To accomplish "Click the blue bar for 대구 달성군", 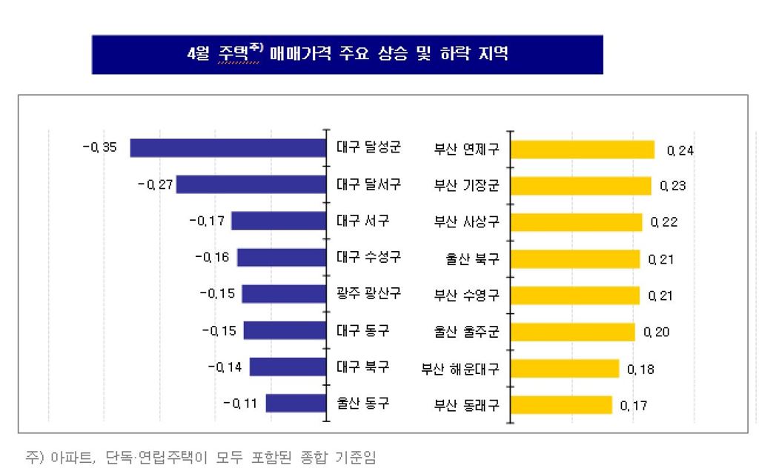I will tap(228, 148).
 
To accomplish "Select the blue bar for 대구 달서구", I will tap(251, 184).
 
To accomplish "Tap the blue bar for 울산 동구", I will tap(296, 404).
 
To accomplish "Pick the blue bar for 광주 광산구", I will tap(284, 294).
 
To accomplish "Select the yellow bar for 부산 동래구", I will tap(562, 405).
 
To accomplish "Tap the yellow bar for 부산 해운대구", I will tap(566, 368).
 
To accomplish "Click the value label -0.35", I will tap(100, 147).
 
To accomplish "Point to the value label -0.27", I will tap(155, 184).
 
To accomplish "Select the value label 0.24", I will tap(680, 150).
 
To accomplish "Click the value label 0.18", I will tap(640, 369).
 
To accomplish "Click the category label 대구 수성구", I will tap(368, 257).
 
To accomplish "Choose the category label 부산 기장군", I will tap(467, 185).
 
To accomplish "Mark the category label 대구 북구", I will tap(362, 367).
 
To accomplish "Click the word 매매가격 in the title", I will tap(305, 54).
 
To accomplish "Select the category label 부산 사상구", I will tap(467, 221).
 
